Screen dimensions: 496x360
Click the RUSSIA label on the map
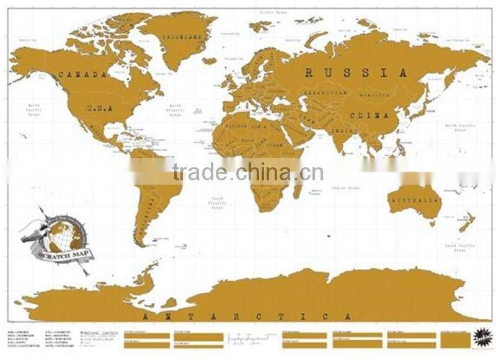tap(356, 73)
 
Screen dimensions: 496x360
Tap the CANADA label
tap(83, 74)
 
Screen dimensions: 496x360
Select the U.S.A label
tap(99, 108)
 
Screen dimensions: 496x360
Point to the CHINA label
tap(370, 116)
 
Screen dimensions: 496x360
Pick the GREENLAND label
tap(182, 37)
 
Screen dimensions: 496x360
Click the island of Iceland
tap(210, 61)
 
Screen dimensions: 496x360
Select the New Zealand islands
tap(465, 222)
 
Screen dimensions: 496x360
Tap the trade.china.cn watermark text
tap(248, 172)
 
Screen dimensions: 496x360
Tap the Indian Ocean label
tap(345, 187)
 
